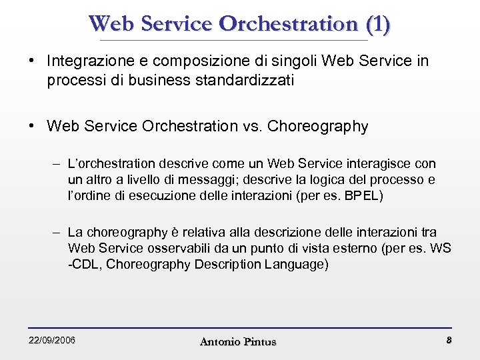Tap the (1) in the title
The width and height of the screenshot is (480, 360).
coord(378,24)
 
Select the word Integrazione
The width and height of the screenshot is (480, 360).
coord(85,61)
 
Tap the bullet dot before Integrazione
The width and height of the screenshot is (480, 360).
coord(31,61)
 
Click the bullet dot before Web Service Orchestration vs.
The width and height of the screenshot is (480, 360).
coord(31,127)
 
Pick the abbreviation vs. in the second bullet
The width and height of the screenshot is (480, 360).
coord(251,127)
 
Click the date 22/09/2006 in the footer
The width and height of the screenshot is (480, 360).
coord(52,341)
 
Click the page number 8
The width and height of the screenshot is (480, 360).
coord(449,341)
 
